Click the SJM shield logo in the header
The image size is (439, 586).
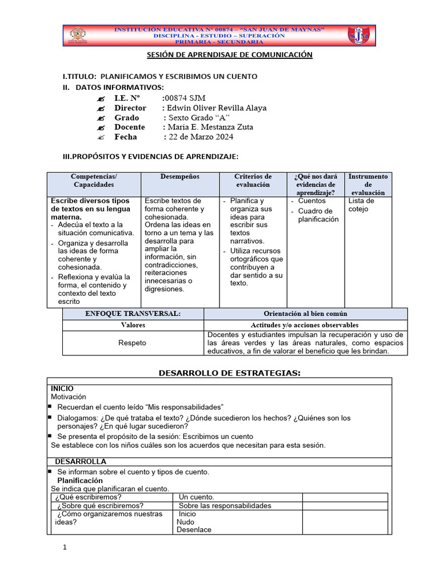tap(359, 35)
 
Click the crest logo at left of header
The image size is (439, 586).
tap(78, 35)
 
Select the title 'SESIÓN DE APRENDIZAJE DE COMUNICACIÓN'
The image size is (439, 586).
tap(227, 55)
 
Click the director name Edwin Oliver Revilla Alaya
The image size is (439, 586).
tap(215, 108)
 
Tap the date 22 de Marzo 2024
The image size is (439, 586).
tap(199, 137)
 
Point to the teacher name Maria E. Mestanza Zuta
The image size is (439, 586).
tap(208, 127)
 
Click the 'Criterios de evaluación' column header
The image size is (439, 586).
tap(253, 181)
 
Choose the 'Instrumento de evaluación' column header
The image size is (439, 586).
tap(368, 184)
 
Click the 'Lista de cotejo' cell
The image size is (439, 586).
tap(361, 205)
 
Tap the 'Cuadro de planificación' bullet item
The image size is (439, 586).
tap(318, 215)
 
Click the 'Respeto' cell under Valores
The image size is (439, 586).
tap(132, 343)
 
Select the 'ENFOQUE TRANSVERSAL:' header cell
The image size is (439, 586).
tap(133, 314)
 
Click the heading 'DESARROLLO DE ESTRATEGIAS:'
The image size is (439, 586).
tap(229, 373)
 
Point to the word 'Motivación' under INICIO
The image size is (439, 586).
tap(68, 397)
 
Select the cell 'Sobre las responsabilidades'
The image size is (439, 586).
tap(225, 505)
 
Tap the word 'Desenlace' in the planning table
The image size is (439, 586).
tap(194, 529)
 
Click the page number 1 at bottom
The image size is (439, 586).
tap(65, 548)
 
